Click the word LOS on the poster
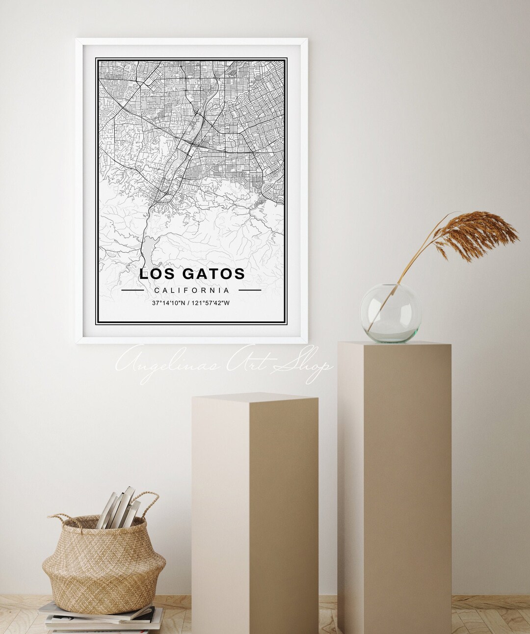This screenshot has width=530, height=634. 154,274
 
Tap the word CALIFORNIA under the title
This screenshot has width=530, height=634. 191,291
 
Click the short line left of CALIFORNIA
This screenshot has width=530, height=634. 132,291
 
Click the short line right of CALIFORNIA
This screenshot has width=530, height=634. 250,291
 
